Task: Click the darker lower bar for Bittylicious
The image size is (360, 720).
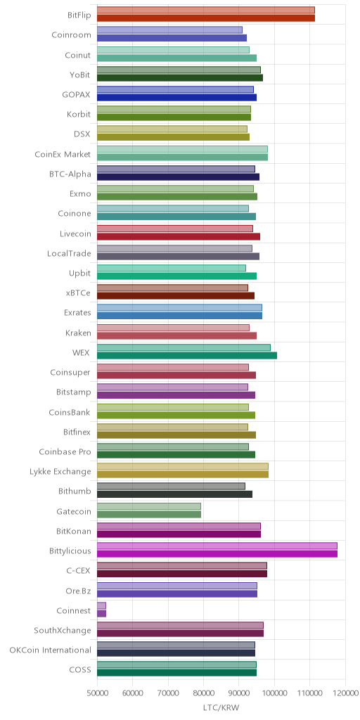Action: point(217,554)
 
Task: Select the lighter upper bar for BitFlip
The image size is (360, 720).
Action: point(206,10)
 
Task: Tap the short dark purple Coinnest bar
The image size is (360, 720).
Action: point(101,613)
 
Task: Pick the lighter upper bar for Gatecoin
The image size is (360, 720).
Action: point(149,506)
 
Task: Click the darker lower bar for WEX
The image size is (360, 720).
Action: point(187,355)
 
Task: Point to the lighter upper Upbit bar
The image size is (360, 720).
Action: point(172,268)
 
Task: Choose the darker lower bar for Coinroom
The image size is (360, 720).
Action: point(172,38)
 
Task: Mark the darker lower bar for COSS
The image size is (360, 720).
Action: point(176,673)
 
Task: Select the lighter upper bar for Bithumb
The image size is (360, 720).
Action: point(172,487)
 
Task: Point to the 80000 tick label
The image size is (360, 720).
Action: point(203,692)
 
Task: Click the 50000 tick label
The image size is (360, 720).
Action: point(97,692)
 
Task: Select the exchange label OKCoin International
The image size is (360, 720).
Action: point(51,650)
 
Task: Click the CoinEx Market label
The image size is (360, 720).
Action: point(63,154)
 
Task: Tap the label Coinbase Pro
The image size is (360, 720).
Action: point(65,452)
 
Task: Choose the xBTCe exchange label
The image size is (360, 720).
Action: point(79,293)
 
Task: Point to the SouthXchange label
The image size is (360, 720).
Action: point(63,630)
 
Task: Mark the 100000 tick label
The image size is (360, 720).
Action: point(274,692)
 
